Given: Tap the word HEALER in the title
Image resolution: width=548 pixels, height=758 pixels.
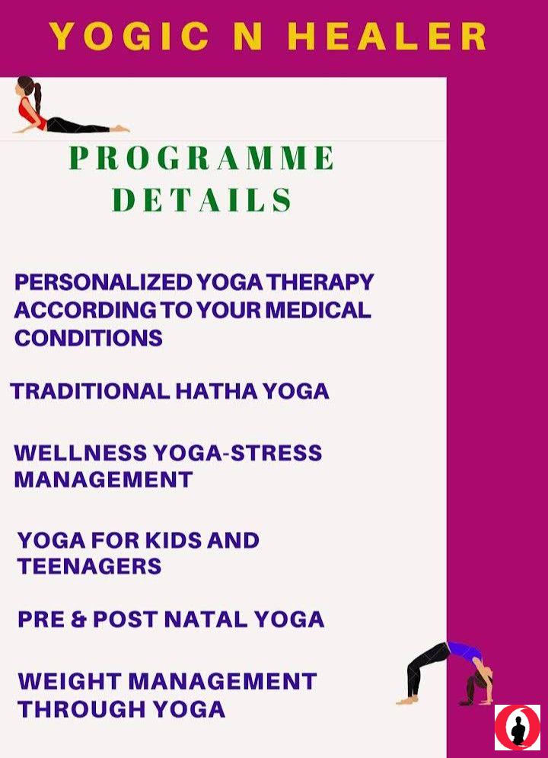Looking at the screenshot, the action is coord(387,37).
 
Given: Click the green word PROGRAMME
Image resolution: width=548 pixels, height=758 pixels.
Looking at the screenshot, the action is coord(201,158).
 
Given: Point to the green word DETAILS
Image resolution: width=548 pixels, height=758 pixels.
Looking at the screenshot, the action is coord(202,199).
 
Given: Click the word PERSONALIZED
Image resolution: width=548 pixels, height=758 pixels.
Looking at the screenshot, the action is coord(104,282).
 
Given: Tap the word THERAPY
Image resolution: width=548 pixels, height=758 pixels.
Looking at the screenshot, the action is coord(320,282).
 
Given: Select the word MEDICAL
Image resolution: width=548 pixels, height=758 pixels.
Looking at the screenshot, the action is coord(318,310).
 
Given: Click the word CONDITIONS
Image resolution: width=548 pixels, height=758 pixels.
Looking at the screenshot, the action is coord(88,338).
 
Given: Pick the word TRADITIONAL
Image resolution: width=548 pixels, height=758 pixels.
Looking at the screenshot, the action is coord(91,391).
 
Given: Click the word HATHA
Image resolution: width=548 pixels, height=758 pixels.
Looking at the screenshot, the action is coord(216,391).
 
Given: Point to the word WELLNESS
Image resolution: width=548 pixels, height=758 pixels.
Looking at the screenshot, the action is coord(81,453).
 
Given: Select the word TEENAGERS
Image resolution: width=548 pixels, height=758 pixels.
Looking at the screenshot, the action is coord(90,566).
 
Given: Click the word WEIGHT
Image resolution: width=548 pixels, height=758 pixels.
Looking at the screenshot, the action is coord(70,681).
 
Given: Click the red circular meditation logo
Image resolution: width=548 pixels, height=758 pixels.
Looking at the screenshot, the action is coord(517,727).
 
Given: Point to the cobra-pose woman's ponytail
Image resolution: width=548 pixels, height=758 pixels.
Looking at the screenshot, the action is coord(37,100).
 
